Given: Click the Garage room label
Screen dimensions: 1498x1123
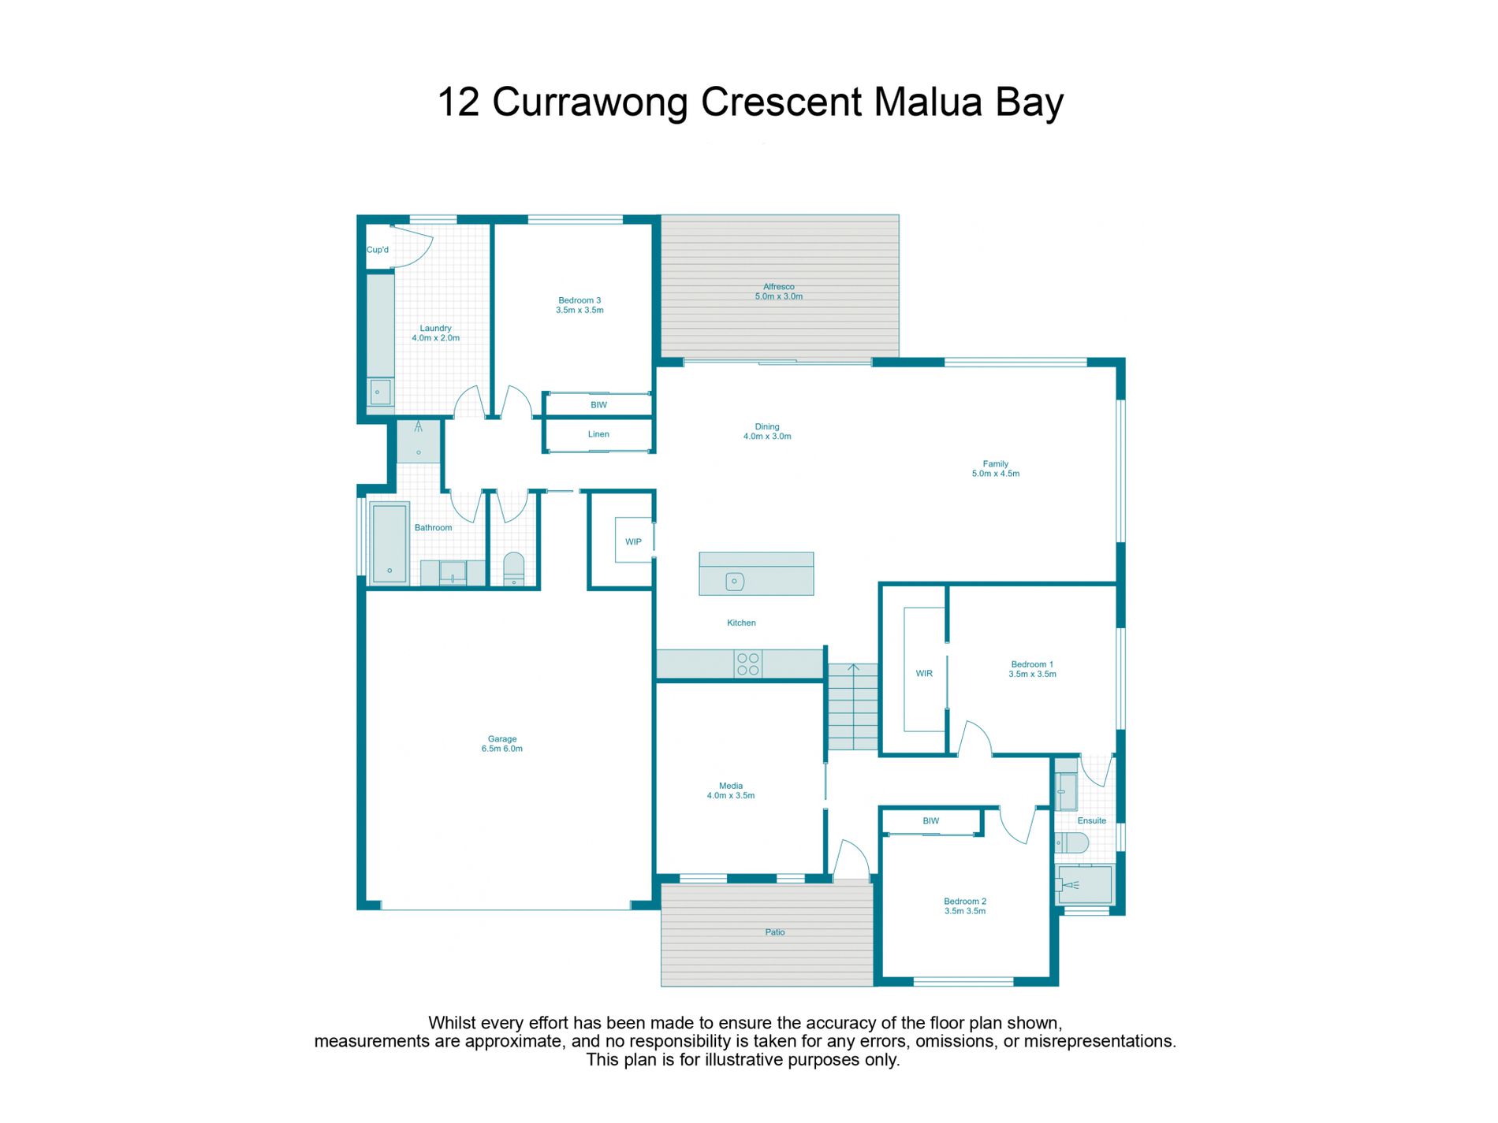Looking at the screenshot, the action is pyautogui.click(x=502, y=739).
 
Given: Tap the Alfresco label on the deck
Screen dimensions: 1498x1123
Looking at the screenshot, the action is pyautogui.click(x=779, y=287).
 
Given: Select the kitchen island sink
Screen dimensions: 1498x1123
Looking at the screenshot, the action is pyautogui.click(x=734, y=582).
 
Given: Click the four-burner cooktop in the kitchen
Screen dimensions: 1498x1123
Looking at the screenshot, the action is pyautogui.click(x=747, y=664).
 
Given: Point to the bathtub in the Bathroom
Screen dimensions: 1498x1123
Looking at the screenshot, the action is pyautogui.click(x=389, y=544).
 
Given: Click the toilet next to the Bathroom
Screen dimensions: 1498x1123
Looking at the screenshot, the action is pyautogui.click(x=513, y=569).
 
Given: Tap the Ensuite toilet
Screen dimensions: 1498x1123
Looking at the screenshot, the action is pyautogui.click(x=1072, y=842).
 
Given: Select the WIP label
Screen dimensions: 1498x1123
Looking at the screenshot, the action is pyautogui.click(x=633, y=541).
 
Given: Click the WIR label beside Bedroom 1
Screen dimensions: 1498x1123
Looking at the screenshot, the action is pyautogui.click(x=924, y=673).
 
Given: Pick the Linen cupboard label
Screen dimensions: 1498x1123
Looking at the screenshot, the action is pyautogui.click(x=598, y=434).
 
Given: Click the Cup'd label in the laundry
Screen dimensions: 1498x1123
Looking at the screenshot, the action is pyautogui.click(x=378, y=250).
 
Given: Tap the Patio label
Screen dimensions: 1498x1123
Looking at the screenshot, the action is pyautogui.click(x=775, y=932).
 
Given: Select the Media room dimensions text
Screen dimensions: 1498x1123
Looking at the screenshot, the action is pyautogui.click(x=731, y=796).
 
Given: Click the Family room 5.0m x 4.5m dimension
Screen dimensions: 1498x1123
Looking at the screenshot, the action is pyautogui.click(x=996, y=474).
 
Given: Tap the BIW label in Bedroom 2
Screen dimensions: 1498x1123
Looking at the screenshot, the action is pyautogui.click(x=931, y=821).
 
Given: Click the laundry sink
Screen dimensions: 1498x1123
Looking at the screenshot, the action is pyautogui.click(x=380, y=392).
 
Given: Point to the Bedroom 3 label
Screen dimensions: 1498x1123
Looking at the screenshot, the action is pyautogui.click(x=579, y=300).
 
